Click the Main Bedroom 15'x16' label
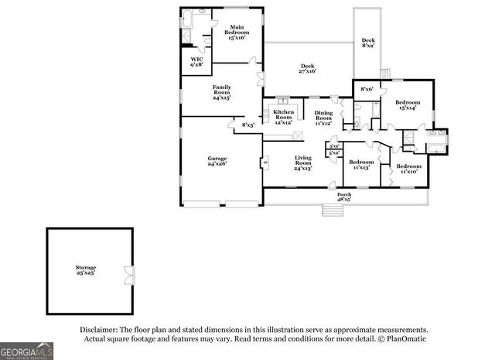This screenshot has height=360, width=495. pos(237,32)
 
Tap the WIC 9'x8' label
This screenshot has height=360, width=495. pos(197,63)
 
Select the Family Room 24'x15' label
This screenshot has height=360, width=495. pos(222,93)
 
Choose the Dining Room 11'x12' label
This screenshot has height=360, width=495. pos(323,118)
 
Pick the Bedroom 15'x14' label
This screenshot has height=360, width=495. pos(408,105)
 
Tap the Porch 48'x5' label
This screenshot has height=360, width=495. pos(343,197)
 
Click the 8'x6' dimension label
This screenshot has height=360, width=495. pos(367,90)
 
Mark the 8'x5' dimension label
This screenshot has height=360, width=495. pos(248,125)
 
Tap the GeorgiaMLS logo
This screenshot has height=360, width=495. pos(27,351)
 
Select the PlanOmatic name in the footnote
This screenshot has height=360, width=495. pos(405,339)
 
